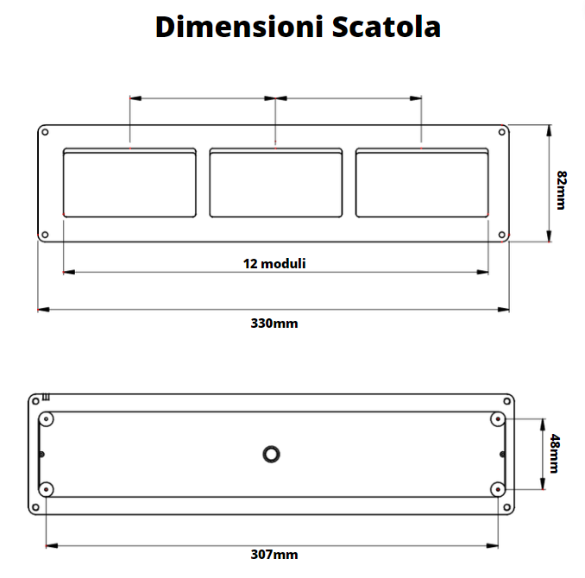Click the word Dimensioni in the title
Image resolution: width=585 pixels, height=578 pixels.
(x=239, y=27)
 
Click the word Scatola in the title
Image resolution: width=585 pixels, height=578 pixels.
(x=386, y=27)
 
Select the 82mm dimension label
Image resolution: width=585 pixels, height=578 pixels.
(x=561, y=190)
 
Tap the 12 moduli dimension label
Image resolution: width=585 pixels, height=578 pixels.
(x=274, y=263)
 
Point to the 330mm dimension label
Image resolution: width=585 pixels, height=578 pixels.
(x=274, y=324)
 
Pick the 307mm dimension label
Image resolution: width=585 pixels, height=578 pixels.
(x=274, y=555)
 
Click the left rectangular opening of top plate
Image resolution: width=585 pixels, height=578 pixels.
(x=130, y=182)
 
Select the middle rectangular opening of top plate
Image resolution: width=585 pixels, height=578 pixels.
(x=275, y=182)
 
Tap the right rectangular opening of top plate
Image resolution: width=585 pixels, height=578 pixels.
(x=421, y=182)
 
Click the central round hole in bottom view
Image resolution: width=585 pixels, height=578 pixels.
(x=272, y=453)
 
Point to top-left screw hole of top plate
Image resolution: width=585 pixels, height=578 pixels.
(x=46, y=133)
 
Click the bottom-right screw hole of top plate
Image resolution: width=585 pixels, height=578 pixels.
(x=502, y=234)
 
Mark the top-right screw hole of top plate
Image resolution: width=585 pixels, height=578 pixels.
(x=502, y=133)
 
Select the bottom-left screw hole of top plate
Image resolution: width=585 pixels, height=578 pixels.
(x=46, y=234)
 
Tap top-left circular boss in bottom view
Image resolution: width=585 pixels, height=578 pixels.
(x=47, y=418)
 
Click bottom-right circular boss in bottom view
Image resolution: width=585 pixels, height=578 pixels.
(x=498, y=488)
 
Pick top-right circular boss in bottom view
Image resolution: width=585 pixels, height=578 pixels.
(x=498, y=418)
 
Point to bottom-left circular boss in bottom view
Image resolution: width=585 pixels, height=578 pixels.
(x=47, y=488)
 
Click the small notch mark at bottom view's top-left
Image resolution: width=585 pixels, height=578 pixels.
(x=46, y=398)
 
